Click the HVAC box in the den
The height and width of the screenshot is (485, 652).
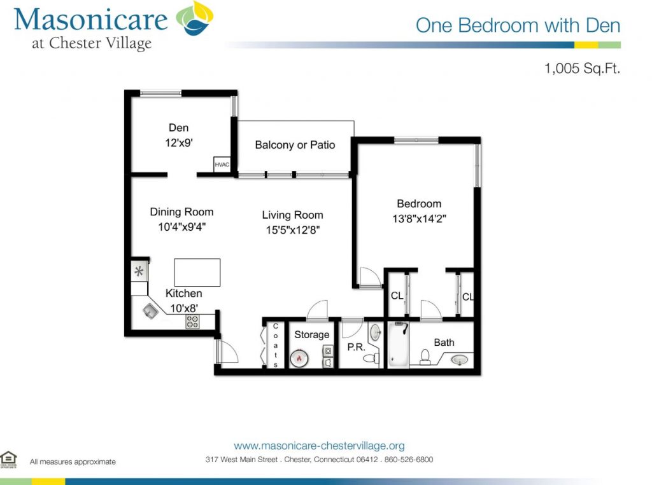click(222, 164)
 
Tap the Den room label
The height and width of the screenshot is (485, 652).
click(178, 128)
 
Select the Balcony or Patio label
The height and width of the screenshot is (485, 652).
click(295, 145)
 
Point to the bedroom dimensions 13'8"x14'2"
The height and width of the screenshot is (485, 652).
click(419, 219)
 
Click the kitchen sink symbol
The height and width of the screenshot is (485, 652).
click(150, 311)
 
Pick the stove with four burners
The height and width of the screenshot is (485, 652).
click(192, 322)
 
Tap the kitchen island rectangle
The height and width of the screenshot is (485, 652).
click(197, 273)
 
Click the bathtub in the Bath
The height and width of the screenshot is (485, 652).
click(399, 345)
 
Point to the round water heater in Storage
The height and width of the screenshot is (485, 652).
click(299, 359)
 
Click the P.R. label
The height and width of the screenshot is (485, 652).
click(356, 346)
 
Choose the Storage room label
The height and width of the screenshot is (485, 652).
click(312, 335)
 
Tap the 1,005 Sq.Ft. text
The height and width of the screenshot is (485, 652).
click(582, 68)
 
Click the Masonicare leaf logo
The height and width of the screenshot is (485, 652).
click(195, 18)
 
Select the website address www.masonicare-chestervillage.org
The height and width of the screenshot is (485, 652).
click(320, 446)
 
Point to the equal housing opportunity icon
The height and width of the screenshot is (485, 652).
click(8, 459)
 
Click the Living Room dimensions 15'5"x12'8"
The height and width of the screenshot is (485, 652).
click(293, 230)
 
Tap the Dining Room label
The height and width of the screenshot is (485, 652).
click(181, 212)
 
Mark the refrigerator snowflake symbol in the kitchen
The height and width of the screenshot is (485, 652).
click(139, 271)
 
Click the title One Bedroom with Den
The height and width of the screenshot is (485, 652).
click(518, 25)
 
